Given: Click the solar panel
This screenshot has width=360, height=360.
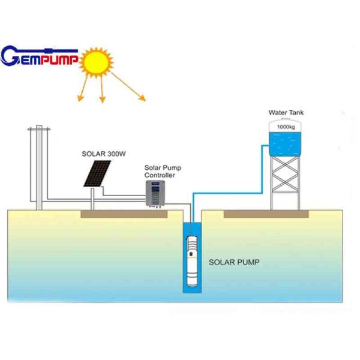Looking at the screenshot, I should coord(97,173).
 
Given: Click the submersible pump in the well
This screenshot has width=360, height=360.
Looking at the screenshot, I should coord(193,262).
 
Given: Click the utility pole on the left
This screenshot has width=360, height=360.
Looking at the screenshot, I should coord(39,168).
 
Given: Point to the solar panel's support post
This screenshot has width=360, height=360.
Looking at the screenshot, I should coord(92,198).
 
